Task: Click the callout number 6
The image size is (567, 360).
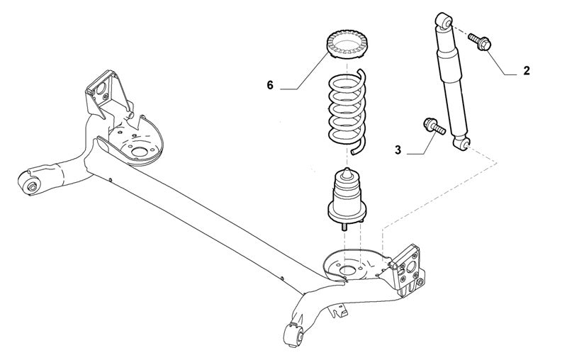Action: [x=269, y=86]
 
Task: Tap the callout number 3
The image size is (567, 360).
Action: [x=398, y=150]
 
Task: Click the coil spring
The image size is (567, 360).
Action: [x=346, y=110]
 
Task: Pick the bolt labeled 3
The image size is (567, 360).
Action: [x=432, y=127]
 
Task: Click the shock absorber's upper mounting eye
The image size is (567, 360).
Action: [x=443, y=21]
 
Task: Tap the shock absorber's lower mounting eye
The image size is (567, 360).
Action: [x=464, y=145]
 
